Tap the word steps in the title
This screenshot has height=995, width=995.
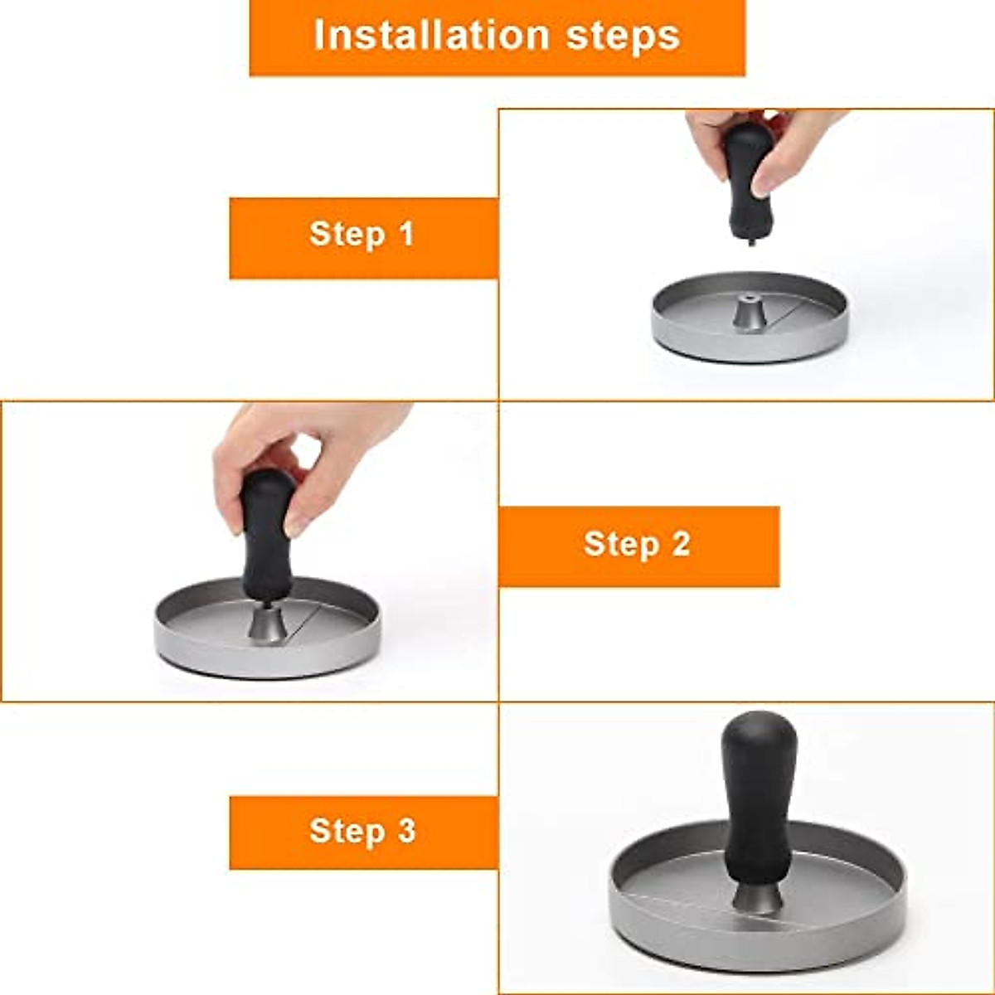point(624,37)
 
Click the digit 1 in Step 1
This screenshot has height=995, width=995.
point(407,233)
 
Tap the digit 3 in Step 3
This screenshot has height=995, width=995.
point(406,830)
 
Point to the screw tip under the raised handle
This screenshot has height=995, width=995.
point(750,240)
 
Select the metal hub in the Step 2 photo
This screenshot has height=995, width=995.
point(268,626)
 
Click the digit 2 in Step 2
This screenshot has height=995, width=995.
point(681,543)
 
